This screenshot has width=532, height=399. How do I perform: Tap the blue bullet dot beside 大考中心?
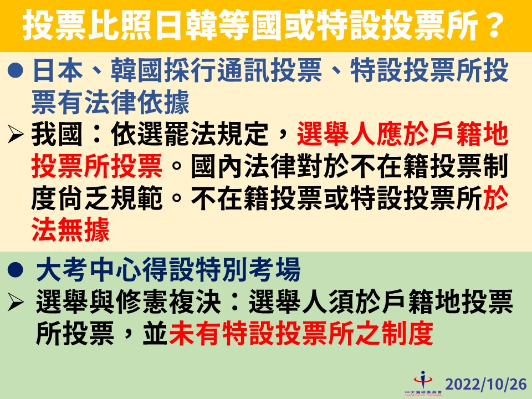[x=17, y=272]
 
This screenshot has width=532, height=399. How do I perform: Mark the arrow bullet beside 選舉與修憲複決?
[x=16, y=303]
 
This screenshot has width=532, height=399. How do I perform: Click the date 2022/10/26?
[x=485, y=384]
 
